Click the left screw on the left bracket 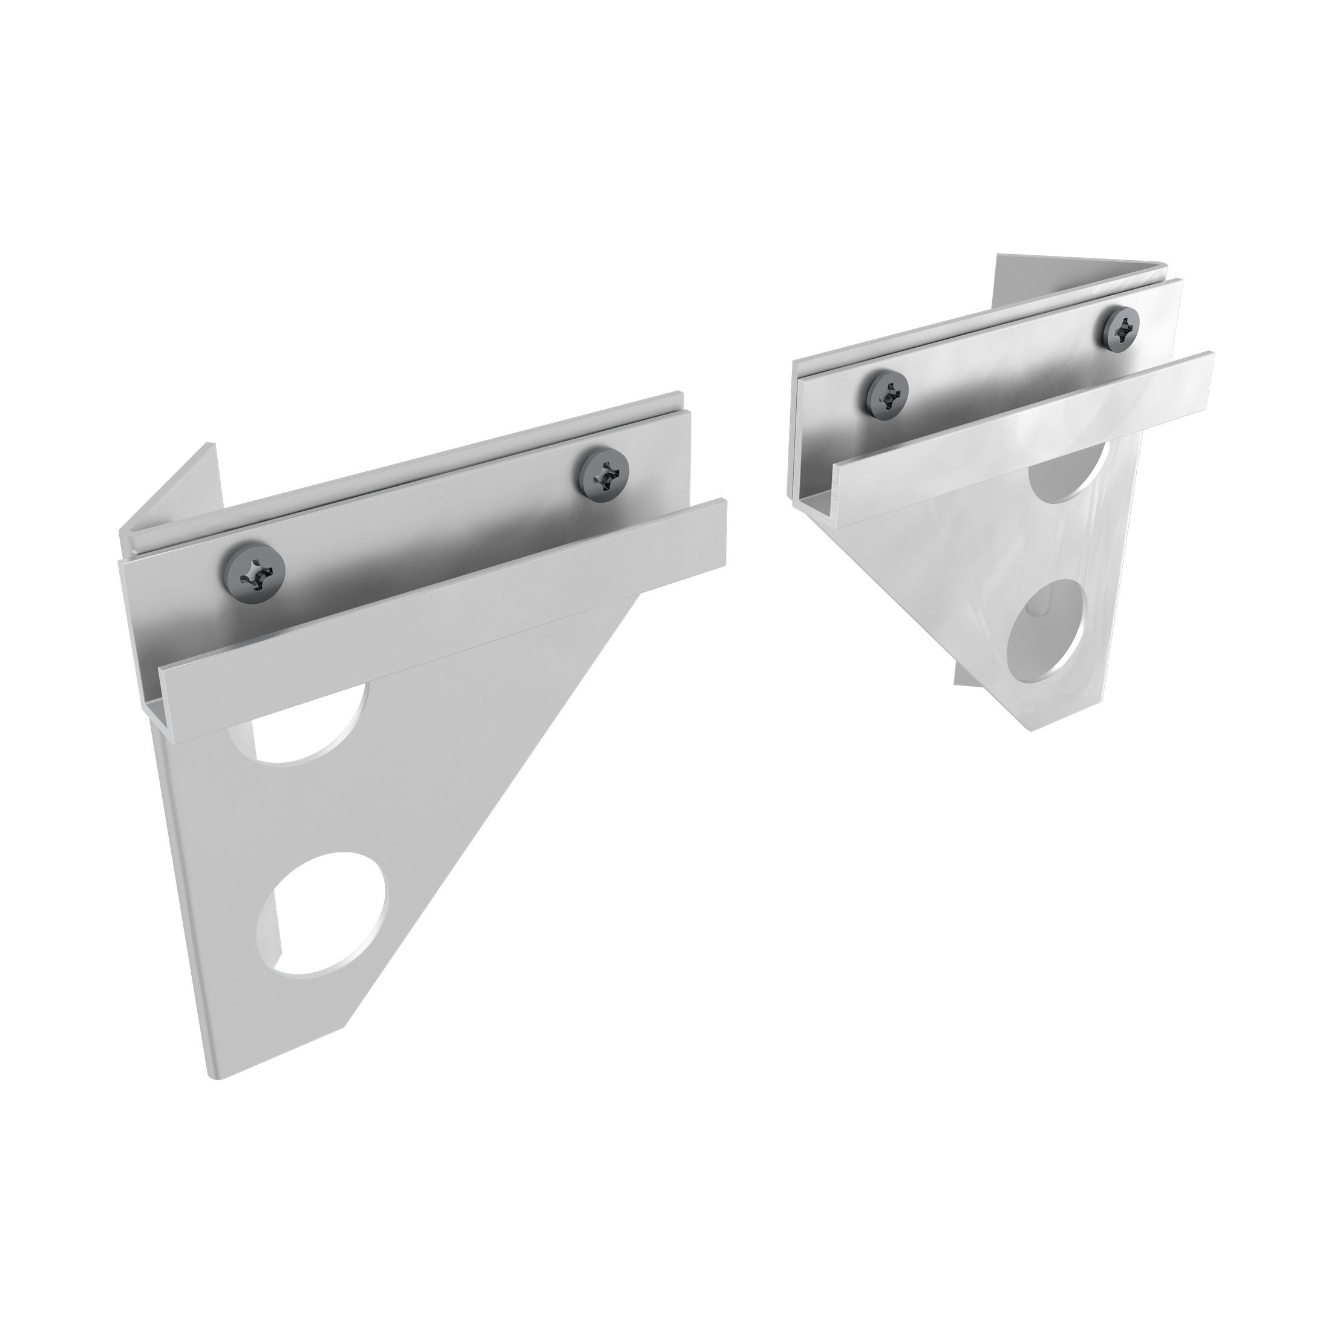254,571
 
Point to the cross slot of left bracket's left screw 254,571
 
